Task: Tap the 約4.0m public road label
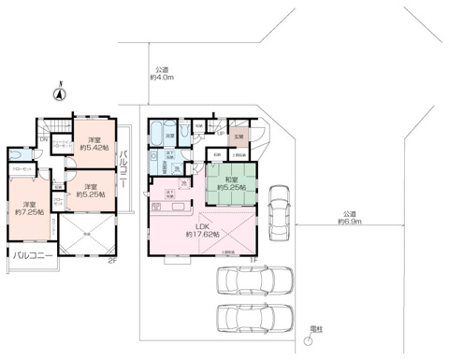tap(162, 73)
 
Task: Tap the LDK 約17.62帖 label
tap(201, 230)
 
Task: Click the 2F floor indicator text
tap(111, 261)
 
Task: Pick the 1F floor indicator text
tap(253, 261)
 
